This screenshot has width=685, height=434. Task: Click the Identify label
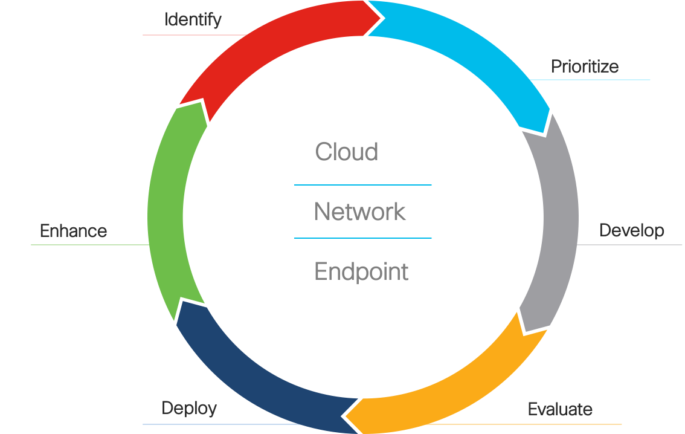pyautogui.click(x=193, y=20)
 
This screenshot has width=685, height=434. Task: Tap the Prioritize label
pyautogui.click(x=585, y=66)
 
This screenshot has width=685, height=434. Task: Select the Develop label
pyautogui.click(x=631, y=230)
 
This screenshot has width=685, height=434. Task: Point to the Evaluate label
pyautogui.click(x=560, y=409)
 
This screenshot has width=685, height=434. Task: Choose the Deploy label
pyautogui.click(x=189, y=408)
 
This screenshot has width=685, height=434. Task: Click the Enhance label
pyautogui.click(x=73, y=230)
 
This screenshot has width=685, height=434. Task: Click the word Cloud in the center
pyautogui.click(x=347, y=152)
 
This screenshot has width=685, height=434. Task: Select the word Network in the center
pyautogui.click(x=360, y=212)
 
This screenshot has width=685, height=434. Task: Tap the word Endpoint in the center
pyautogui.click(x=361, y=272)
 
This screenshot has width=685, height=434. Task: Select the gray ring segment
pyautogui.click(x=556, y=230)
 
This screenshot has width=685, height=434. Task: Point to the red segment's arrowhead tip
pyautogui.click(x=383, y=16)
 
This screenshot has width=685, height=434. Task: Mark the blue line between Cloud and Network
pyautogui.click(x=362, y=185)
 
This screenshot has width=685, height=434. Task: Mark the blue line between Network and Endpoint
pyautogui.click(x=362, y=238)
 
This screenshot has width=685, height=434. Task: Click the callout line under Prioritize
pyautogui.click(x=598, y=79)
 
